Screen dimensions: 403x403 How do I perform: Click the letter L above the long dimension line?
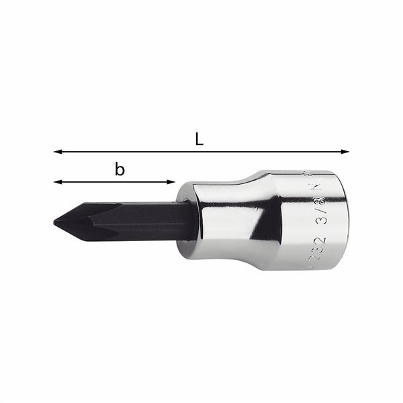[x=199, y=140]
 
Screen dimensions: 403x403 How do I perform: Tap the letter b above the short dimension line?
[x=120, y=170]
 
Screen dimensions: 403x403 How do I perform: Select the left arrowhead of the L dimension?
[x=57, y=152]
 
